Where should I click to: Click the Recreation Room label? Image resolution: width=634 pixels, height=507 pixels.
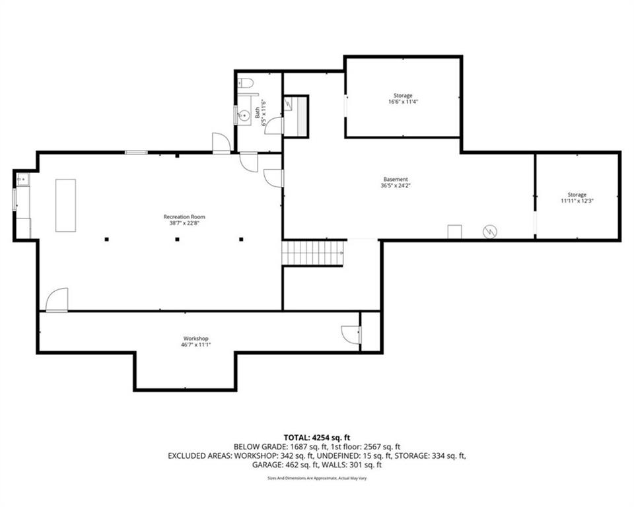click(184, 217)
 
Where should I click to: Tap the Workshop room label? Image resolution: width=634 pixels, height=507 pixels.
click(195, 339)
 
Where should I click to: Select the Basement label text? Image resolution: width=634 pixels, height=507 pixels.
click(396, 179)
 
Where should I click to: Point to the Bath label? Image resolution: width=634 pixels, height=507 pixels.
click(258, 112)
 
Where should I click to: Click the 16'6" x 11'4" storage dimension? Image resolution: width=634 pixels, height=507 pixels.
click(403, 102)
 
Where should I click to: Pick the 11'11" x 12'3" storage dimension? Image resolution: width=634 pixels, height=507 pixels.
click(577, 201)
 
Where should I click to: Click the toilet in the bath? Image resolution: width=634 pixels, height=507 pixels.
click(245, 83)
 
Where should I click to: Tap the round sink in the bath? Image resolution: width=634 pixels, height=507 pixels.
click(244, 116)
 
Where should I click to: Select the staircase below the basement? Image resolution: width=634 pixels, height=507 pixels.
click(312, 253)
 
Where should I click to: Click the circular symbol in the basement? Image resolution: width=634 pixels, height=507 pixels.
click(489, 232)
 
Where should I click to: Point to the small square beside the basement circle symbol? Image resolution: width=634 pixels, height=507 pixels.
click(454, 232)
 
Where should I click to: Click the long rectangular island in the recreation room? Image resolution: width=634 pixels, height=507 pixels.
click(65, 205)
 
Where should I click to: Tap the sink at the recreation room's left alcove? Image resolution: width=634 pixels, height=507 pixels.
click(22, 179)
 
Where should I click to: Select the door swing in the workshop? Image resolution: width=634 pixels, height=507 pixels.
click(351, 335)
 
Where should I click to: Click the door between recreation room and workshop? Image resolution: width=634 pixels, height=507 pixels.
click(57, 300)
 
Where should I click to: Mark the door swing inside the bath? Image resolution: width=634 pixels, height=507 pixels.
click(273, 125)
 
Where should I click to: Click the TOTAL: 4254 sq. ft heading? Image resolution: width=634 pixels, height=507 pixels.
click(316, 438)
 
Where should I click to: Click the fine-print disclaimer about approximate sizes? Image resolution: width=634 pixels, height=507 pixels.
click(317, 479)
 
